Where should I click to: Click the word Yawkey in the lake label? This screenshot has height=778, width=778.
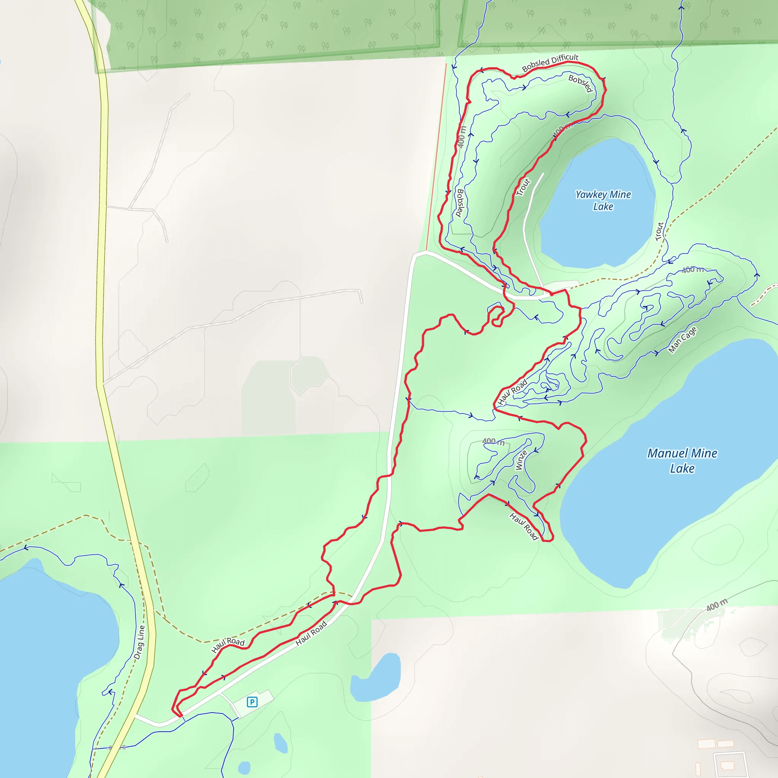point(591,195)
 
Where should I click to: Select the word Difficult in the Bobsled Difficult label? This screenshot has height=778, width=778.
point(565,59)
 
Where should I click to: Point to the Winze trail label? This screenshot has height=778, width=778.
point(521,460)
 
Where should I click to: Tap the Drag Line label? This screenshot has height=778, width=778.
point(139,642)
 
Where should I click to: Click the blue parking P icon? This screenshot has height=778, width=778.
point(252,702)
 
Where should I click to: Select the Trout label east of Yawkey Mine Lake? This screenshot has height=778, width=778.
point(659,232)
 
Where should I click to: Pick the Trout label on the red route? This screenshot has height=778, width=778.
point(523,187)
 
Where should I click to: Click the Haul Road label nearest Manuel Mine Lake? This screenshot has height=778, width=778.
point(524,526)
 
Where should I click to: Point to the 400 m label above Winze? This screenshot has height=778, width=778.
point(493,442)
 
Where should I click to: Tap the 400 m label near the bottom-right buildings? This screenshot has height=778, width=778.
point(717,605)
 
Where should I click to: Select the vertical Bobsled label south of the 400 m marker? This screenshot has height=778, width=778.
point(460,203)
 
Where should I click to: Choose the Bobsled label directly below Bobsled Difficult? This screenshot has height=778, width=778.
point(580,83)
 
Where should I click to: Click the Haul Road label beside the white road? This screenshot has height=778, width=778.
point(311,633)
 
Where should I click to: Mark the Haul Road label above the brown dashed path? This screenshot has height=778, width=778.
point(228,644)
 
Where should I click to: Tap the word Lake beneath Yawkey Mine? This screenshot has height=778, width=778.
point(603,207)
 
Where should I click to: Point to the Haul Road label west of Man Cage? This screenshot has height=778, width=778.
point(512,392)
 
